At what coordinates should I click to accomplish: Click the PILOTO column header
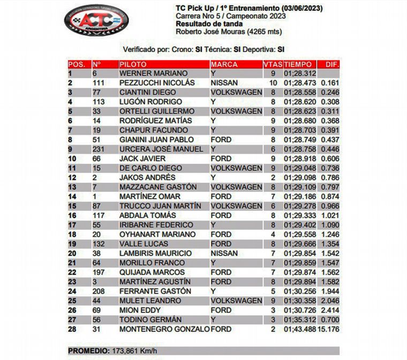coord(133,64)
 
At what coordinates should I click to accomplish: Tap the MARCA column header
coord(224,64)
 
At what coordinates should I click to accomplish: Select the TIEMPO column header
coord(297,64)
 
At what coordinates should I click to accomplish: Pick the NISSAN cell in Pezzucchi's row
coord(224,83)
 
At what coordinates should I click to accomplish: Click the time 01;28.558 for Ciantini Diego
coord(301,92)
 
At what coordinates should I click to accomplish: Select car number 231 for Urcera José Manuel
coord(99,149)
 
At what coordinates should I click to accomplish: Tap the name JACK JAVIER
coord(142,159)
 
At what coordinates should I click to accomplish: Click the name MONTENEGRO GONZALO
coord(164,329)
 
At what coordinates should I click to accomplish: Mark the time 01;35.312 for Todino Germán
coord(301,319)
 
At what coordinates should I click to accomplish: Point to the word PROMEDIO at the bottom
coord(88,351)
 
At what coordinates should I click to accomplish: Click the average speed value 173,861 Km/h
coord(134,351)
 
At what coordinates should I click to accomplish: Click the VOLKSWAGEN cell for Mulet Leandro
coord(236,301)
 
